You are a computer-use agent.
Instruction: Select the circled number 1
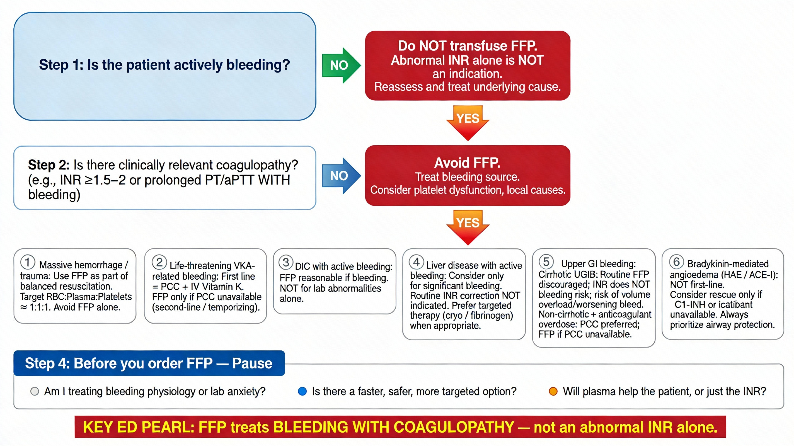tap(27, 262)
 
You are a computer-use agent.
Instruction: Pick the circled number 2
tap(159, 262)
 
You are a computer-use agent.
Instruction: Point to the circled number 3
tap(286, 262)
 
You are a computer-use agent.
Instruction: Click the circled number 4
tap(416, 262)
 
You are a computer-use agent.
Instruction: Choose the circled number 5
tap(546, 262)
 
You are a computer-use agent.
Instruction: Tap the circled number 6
tap(676, 262)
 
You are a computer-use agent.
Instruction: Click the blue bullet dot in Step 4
tap(302, 391)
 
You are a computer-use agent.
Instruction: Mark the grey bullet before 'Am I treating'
tap(35, 391)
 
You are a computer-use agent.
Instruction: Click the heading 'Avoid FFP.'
tap(467, 163)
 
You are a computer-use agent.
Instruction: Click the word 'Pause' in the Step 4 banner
tap(252, 363)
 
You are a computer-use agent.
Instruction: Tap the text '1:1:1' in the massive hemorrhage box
tap(40, 307)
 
